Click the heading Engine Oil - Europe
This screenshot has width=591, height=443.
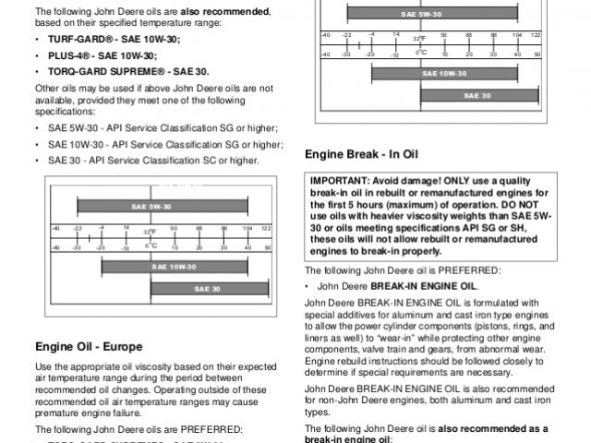point(89,347)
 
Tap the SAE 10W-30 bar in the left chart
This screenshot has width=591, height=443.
point(183,267)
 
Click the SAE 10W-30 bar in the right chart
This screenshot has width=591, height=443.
point(444,72)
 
